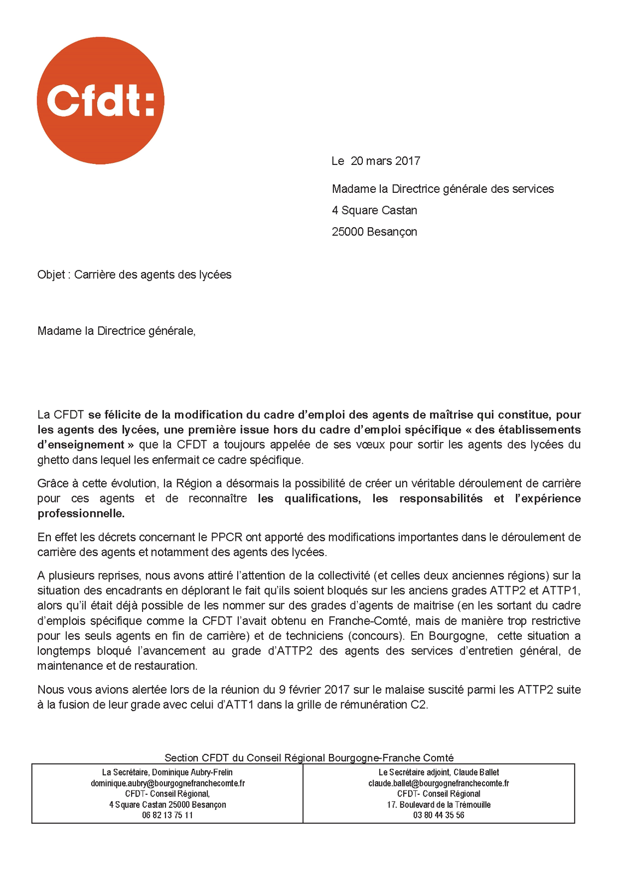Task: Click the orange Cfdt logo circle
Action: pos(101,101)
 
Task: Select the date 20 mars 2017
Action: pos(385,161)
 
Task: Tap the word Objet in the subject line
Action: pos(51,275)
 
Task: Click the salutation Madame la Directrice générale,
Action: pos(116,331)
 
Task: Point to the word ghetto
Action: pos(54,460)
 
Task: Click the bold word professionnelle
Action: pos(81,513)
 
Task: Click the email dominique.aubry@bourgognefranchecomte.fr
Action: pos(168,783)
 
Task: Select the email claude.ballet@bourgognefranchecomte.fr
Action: pos(438,783)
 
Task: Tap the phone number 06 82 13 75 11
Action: pos(167,816)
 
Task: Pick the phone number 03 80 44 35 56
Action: pos(438,816)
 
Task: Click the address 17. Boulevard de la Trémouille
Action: pos(438,805)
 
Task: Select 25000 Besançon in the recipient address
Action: pos(374,232)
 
